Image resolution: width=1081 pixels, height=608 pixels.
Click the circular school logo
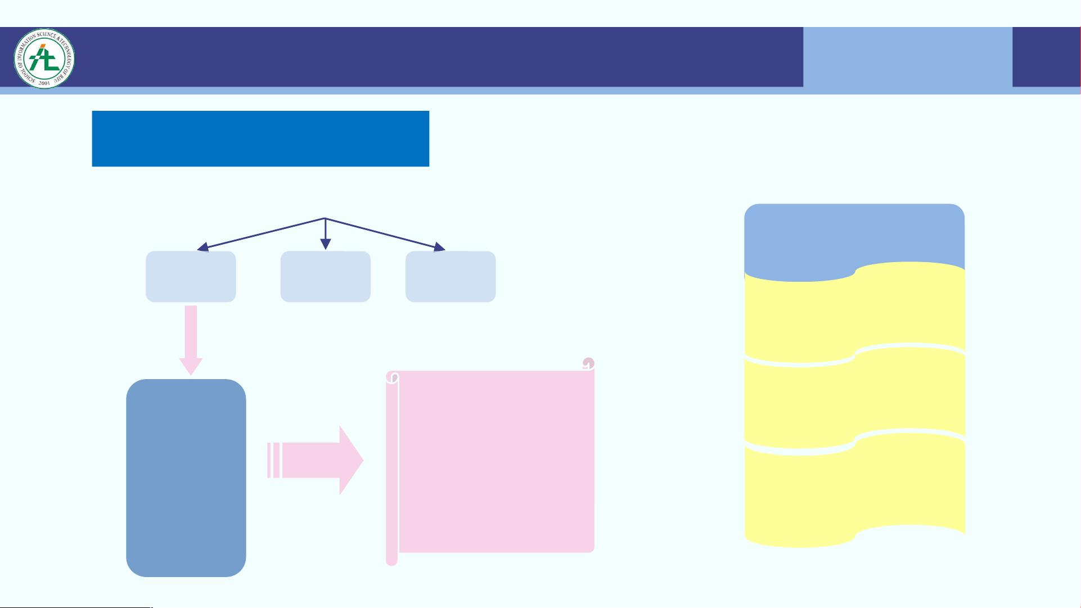(44, 58)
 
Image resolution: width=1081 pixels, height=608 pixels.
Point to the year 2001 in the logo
(44, 83)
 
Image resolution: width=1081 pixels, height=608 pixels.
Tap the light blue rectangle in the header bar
(907, 59)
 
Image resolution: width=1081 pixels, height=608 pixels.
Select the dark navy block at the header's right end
(1046, 57)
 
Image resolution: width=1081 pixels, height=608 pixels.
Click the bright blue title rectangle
(260, 138)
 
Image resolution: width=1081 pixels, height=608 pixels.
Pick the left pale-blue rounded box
(191, 277)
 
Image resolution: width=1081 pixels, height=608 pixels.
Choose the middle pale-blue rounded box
(325, 277)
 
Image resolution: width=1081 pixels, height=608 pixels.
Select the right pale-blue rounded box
(450, 277)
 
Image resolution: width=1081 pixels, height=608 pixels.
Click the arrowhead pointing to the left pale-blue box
(203, 247)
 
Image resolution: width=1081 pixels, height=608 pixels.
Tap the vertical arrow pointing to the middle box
(325, 236)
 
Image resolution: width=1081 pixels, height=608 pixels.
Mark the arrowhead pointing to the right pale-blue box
(439, 246)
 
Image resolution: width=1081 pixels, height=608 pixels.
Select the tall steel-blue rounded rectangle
(186, 478)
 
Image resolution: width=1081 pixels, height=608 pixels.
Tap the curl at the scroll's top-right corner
(588, 363)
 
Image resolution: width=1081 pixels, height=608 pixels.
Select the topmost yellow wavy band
(855, 315)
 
